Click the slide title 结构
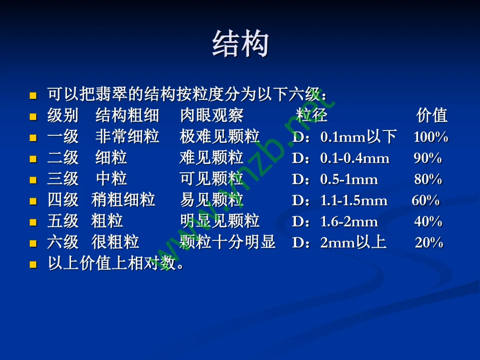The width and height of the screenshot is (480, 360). point(240,44)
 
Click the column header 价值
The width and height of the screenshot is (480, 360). point(432,116)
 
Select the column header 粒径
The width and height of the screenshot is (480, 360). point(312,116)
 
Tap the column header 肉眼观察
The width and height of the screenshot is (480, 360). point(212,116)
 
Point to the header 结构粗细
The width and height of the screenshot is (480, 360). point(127,116)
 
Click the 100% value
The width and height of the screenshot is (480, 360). point(431,137)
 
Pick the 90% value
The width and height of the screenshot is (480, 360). point(428,158)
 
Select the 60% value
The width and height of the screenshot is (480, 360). point(425,201)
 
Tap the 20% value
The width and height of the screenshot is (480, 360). point(429,243)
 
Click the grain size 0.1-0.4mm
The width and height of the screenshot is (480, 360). point(355,158)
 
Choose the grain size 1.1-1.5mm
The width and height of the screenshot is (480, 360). point(354,201)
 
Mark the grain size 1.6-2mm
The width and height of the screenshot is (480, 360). point(349,222)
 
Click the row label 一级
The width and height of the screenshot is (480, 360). point(63,137)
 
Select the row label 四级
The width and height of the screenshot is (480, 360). point(63,201)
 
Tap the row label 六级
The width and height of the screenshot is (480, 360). point(63,243)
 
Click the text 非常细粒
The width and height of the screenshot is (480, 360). point(127,137)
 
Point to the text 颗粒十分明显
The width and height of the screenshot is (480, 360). point(228,243)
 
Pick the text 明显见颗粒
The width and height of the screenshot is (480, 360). point(219,222)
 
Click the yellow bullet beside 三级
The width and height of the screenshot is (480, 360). point(33,180)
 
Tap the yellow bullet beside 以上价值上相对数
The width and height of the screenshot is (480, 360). point(33,264)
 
